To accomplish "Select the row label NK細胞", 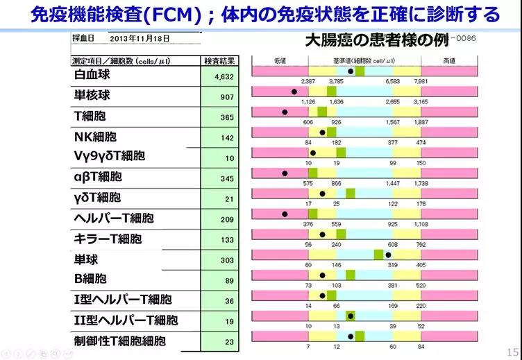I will pyautogui.click(x=95, y=137).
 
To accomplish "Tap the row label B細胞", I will pyautogui.click(x=90, y=279).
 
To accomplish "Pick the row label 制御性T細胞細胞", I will pyautogui.click(x=120, y=341).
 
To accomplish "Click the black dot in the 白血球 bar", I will pyautogui.click(x=351, y=71).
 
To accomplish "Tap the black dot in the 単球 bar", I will pyautogui.click(x=388, y=254).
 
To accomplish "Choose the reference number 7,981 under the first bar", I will pyautogui.click(x=419, y=81).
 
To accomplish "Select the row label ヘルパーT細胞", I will pyautogui.click(x=114, y=218).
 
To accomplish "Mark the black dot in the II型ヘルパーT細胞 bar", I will pyautogui.click(x=351, y=316).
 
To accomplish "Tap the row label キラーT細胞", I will pyautogui.click(x=108, y=239).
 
